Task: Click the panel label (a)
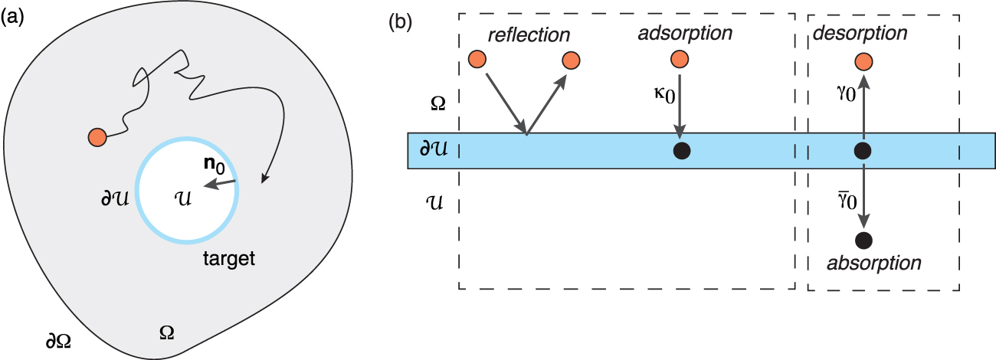click(x=12, y=18)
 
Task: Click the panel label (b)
click(x=400, y=21)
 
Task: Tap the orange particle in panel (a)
click(x=97, y=137)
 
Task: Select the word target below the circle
click(x=229, y=258)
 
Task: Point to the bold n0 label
click(x=215, y=165)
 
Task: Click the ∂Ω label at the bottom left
click(x=58, y=341)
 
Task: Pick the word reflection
click(x=529, y=35)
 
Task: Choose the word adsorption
click(x=685, y=34)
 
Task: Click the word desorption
click(x=860, y=34)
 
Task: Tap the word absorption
click(x=873, y=263)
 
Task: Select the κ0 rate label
click(x=665, y=96)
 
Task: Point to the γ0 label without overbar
click(x=846, y=93)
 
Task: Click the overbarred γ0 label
click(x=847, y=201)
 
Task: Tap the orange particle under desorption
click(x=863, y=62)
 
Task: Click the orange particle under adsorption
click(x=680, y=59)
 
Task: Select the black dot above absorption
click(x=863, y=241)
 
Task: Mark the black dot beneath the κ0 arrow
click(x=682, y=151)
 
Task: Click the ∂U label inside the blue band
click(x=434, y=149)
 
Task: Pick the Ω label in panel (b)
click(x=438, y=104)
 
